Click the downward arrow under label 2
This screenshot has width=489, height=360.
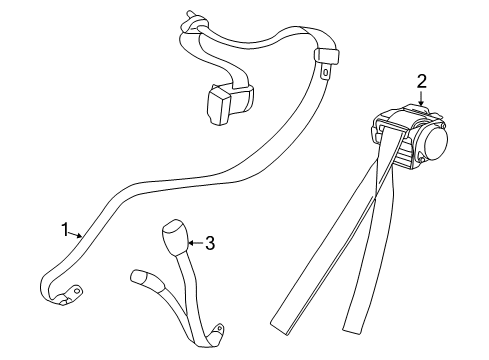(x=421, y=97)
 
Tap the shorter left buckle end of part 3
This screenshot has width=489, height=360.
(x=139, y=275)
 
